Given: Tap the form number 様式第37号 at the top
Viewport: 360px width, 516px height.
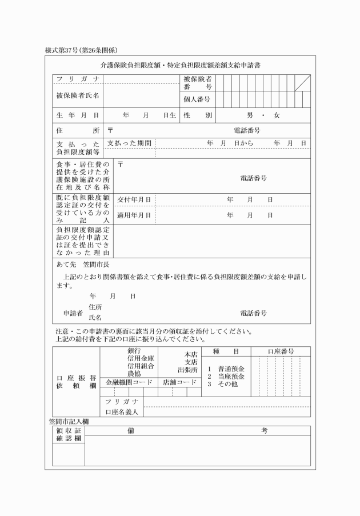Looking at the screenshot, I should [x=63, y=51].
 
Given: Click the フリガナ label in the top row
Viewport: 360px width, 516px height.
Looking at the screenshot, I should [x=77, y=79].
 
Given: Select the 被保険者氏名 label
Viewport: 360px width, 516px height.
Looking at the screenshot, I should [x=77, y=95].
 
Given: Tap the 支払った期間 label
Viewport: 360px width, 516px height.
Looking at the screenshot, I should [x=130, y=142].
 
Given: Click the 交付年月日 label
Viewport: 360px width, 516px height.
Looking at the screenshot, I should [x=134, y=199].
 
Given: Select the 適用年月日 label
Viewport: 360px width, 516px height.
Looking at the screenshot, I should [x=134, y=215].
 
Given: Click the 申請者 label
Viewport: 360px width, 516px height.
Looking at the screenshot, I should [x=73, y=313].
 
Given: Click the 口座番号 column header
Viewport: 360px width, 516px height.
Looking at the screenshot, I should [x=279, y=351].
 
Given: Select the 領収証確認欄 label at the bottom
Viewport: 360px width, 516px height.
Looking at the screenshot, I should [x=69, y=434].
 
